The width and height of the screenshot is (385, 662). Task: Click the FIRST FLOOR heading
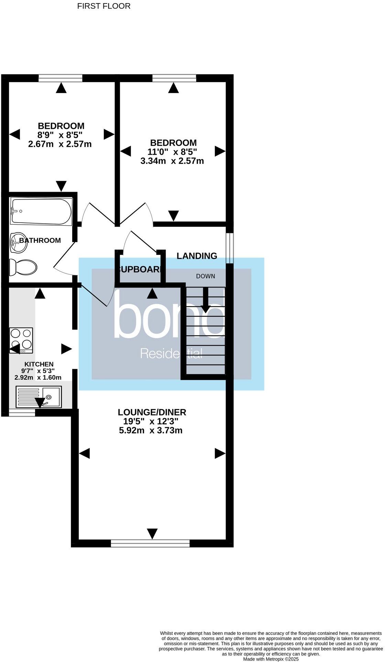(x=104, y=6)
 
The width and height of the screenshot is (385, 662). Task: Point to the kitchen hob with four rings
(x=21, y=340)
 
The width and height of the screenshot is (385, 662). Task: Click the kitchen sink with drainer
(x=38, y=397)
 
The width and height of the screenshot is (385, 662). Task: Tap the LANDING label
(x=197, y=256)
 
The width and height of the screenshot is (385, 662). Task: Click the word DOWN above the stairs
(x=206, y=276)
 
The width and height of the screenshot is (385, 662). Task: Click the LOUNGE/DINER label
(x=152, y=412)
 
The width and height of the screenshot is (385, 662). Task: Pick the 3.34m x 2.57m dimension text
(x=172, y=161)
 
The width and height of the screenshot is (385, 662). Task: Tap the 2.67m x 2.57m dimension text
(x=60, y=144)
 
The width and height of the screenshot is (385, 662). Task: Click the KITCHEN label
(x=39, y=364)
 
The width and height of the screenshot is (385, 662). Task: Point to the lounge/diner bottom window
(x=150, y=543)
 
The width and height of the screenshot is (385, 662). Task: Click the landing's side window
(x=230, y=248)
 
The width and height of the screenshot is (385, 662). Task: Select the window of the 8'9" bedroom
(x=60, y=78)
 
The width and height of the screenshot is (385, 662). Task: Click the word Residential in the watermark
(x=171, y=354)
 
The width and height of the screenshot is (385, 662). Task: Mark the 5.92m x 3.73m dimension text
(x=151, y=430)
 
